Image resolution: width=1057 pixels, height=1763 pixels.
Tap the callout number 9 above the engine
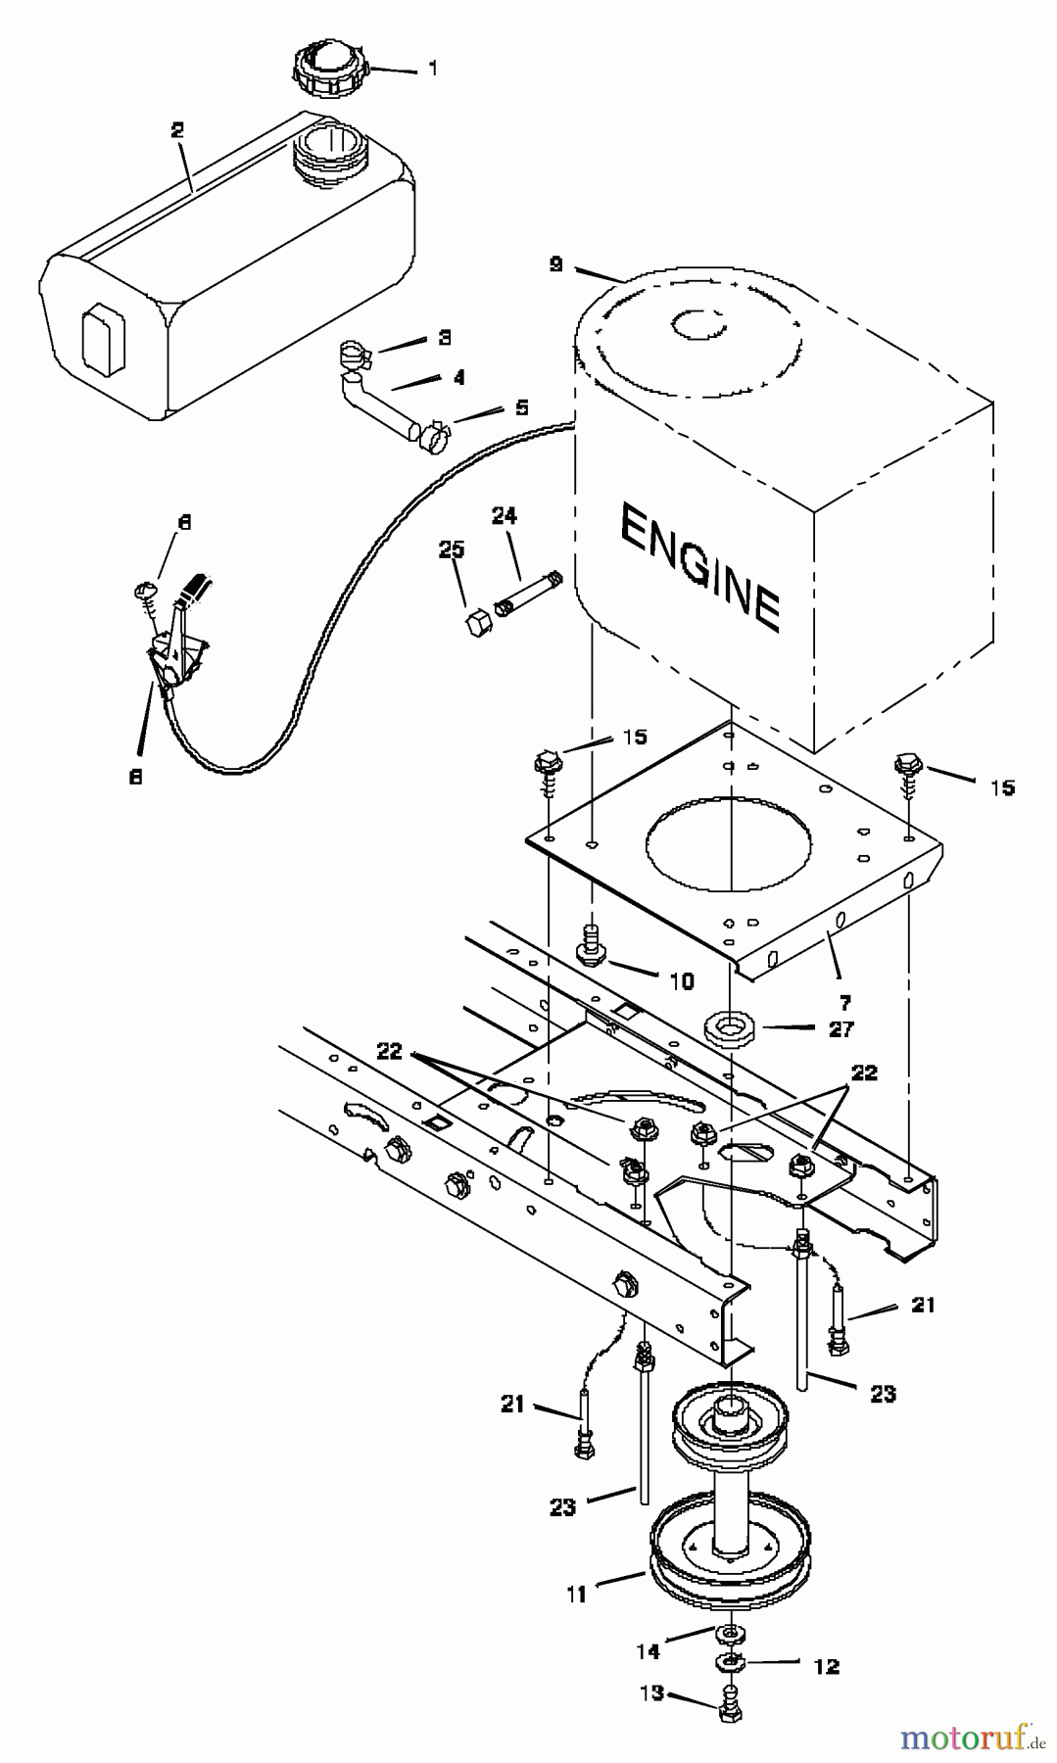[x=556, y=263]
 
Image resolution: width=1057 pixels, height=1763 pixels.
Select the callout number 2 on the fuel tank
[x=177, y=130]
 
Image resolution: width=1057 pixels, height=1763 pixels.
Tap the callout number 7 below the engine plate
[x=844, y=1002]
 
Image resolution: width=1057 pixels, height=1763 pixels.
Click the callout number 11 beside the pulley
[x=576, y=1595]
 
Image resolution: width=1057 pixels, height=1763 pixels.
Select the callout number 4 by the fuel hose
[x=458, y=377]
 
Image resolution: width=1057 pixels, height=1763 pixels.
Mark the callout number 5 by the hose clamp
[x=521, y=406]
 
